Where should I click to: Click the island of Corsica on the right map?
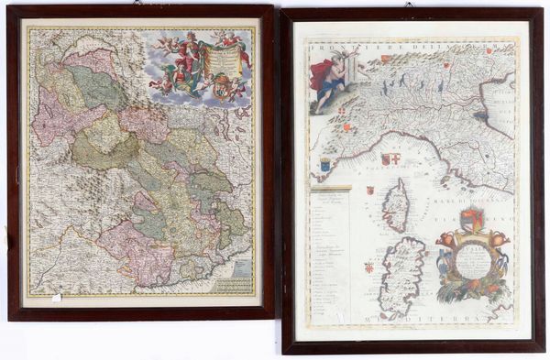pos(395,204)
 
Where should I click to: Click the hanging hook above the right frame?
pos(408,5)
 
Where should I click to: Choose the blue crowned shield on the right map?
pos(325,165)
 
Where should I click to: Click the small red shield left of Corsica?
pos(369,191)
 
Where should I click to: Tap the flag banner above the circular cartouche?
pos(472,220)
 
